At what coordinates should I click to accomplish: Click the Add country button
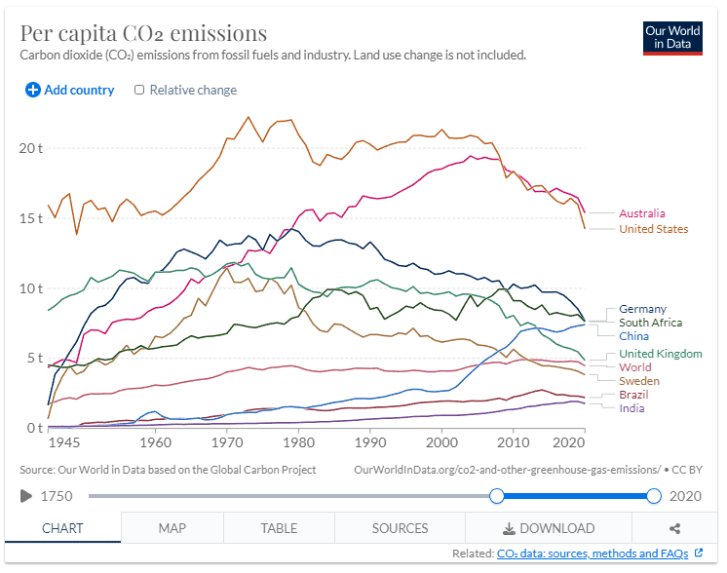point(70,90)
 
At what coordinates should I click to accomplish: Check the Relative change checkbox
point(139,90)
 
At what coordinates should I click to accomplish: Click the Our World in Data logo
point(672,38)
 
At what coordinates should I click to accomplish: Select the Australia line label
point(642,213)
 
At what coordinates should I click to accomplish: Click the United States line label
point(653,229)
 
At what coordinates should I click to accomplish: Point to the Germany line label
point(642,309)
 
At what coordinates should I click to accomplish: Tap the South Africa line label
point(650,323)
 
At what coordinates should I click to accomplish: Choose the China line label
point(633,336)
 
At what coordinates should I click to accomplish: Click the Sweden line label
point(638,381)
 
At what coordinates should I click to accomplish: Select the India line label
point(631,408)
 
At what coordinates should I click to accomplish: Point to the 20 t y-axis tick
point(33,148)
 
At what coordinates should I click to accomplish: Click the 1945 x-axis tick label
point(63,443)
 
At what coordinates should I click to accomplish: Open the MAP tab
point(172,528)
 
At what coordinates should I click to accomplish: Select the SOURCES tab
point(400,528)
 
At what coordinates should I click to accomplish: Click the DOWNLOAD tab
point(548,528)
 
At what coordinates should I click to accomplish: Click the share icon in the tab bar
point(674,528)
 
